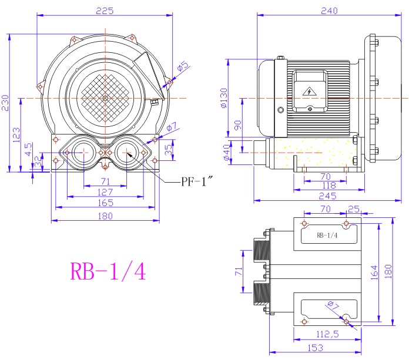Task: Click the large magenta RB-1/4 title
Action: (x=108, y=271)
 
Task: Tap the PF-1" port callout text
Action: (x=197, y=181)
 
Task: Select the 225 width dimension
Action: (x=105, y=11)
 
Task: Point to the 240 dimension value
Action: (x=329, y=11)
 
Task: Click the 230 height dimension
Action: (x=5, y=103)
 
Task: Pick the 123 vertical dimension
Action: (x=16, y=134)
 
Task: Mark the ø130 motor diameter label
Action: (x=224, y=98)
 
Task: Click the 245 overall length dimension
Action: (x=328, y=196)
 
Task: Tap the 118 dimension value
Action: (x=329, y=186)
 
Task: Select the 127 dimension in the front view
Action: (x=105, y=192)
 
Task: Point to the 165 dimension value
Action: (x=105, y=203)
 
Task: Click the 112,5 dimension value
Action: (x=327, y=334)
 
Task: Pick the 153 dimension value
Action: (x=316, y=348)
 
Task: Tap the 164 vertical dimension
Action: (x=374, y=272)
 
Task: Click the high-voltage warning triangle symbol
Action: (x=310, y=92)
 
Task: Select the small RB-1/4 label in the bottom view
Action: (x=327, y=235)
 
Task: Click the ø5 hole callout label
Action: (x=183, y=66)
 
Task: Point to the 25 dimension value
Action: (x=354, y=209)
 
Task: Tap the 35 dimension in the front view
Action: (x=169, y=150)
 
